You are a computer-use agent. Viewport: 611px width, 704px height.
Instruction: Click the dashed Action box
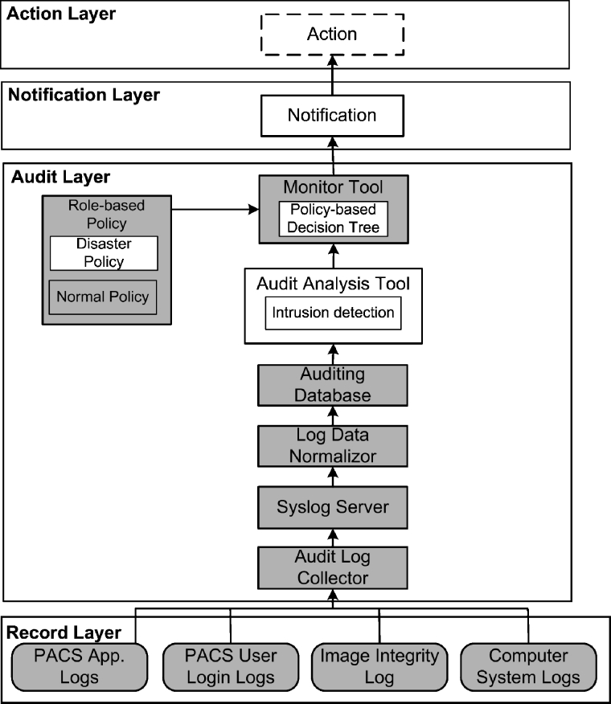point(332,35)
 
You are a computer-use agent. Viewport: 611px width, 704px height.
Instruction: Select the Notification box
point(332,116)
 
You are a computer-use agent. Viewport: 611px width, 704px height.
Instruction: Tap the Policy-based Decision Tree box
point(332,218)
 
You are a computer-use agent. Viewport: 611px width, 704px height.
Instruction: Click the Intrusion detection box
point(332,313)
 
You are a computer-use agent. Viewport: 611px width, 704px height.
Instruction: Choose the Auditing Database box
point(332,385)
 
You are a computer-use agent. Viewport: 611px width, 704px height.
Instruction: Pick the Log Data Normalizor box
point(332,445)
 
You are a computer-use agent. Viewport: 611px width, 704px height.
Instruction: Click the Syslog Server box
point(332,507)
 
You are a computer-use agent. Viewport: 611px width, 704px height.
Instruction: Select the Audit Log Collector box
point(332,567)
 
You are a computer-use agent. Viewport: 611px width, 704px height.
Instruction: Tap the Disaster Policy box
point(104,252)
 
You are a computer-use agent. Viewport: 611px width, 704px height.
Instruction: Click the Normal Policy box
point(104,297)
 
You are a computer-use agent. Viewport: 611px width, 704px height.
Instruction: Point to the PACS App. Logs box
point(79,666)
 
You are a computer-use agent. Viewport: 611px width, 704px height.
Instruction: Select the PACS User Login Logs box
point(231,666)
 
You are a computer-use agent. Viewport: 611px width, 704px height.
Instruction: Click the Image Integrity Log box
point(379,666)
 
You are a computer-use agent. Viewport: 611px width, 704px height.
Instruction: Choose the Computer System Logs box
point(528,666)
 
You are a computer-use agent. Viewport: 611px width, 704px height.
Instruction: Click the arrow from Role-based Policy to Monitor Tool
point(215,211)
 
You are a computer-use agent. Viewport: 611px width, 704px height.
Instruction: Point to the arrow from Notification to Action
point(332,76)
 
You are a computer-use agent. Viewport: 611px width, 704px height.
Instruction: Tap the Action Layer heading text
point(61,14)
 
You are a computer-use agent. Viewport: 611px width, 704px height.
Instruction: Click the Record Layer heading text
point(64,632)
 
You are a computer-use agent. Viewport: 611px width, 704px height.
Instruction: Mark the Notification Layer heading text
point(84,95)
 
